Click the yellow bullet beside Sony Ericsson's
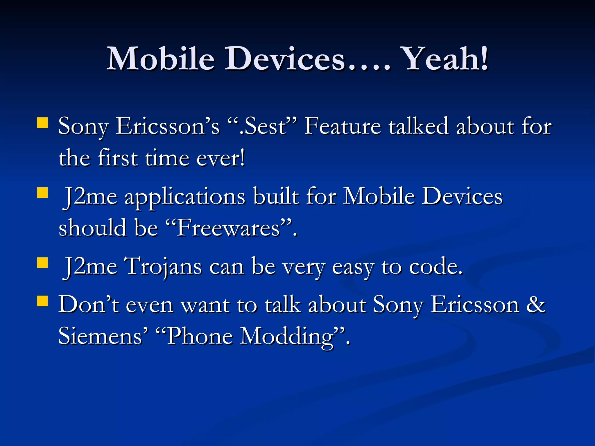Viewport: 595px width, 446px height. (43, 123)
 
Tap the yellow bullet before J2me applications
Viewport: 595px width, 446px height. (43, 192)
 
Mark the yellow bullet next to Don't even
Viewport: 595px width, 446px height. (43, 301)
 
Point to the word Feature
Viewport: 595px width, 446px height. (343, 126)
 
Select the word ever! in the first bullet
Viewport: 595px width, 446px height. (221, 159)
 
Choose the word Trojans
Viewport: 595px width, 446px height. (163, 267)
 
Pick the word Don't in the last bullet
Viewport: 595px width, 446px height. (89, 305)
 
